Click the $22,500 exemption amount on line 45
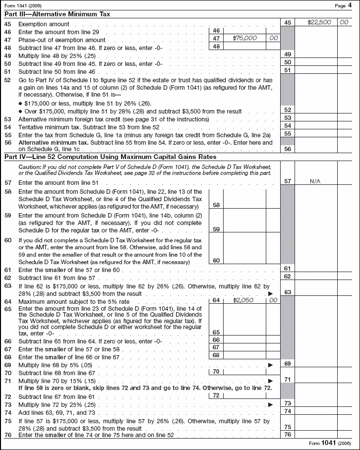319,23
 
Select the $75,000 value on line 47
245,38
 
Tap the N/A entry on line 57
315,182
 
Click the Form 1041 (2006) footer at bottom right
330,443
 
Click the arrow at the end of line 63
270,294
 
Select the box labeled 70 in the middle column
216,371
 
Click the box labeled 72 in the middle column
216,395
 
